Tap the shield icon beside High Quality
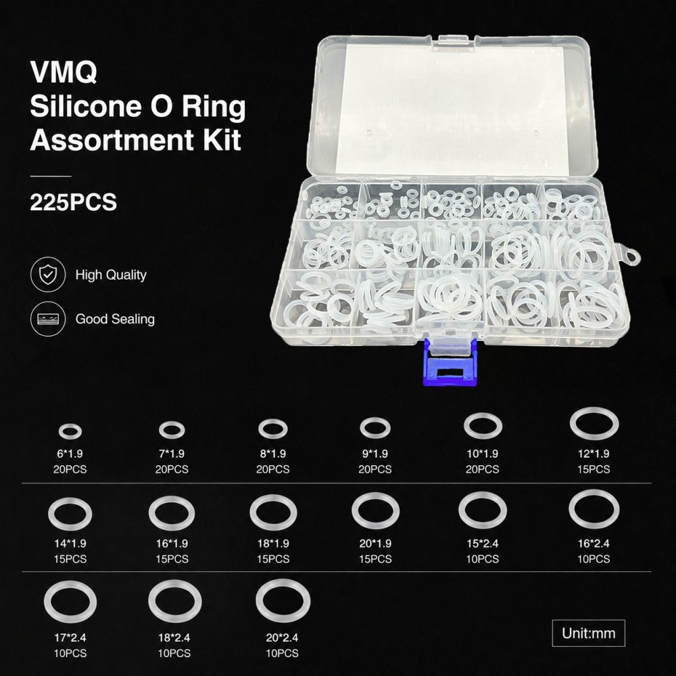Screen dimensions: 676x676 (48, 274)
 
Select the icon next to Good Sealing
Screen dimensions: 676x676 (48, 319)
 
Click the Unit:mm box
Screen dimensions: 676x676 (589, 633)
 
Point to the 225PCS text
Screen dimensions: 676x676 (73, 201)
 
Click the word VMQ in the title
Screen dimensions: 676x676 (64, 72)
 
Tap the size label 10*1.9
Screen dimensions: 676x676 (483, 454)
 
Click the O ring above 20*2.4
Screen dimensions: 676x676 (258, 601)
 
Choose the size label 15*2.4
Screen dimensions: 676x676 (483, 544)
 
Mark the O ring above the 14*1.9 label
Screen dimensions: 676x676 (50, 514)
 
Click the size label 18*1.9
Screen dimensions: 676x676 (273, 544)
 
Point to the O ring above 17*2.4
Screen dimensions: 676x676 (46, 602)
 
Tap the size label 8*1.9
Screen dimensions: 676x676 (273, 454)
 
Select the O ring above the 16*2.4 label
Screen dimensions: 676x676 (571, 509)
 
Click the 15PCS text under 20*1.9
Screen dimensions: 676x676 (375, 559)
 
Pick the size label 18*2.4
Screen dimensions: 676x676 (174, 637)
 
